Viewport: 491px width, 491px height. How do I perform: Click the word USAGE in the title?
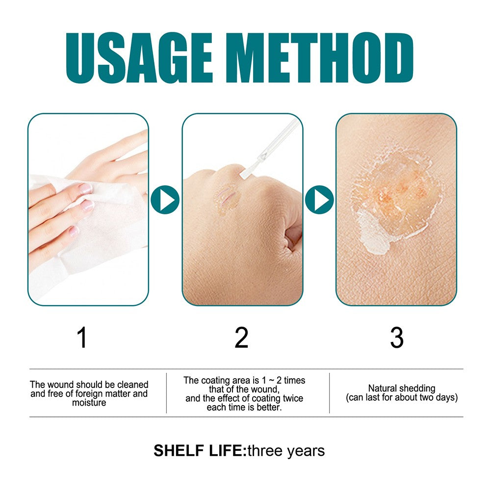click(139, 58)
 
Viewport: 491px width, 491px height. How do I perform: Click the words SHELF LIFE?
click(199, 451)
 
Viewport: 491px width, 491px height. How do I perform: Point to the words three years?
click(286, 451)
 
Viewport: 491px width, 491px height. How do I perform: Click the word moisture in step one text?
click(89, 403)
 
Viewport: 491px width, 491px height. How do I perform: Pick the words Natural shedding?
click(402, 388)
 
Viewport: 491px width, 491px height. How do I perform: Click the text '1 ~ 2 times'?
click(283, 381)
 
